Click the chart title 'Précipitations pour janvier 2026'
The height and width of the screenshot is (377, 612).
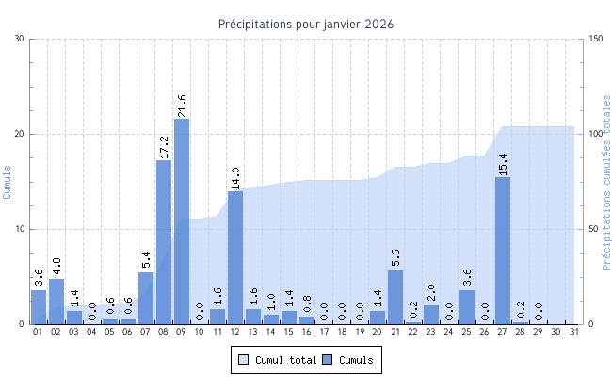306,24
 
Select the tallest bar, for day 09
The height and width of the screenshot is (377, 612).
182,221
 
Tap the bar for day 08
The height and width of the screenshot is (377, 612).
164,242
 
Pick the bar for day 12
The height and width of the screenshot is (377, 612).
235,257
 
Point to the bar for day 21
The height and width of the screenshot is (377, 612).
395,298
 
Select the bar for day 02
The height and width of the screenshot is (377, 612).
56,302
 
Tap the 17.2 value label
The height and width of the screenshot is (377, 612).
164,146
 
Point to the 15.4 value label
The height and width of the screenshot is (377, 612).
503,163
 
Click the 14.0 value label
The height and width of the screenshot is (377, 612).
235,177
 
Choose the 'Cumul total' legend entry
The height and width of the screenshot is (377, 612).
275,360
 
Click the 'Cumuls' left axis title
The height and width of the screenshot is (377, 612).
8,181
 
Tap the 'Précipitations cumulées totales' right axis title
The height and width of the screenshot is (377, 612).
606,181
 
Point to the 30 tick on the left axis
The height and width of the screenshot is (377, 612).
20,39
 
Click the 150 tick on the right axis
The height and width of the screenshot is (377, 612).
595,39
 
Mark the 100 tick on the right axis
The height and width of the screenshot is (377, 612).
595,134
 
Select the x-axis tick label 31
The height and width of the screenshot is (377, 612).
573,333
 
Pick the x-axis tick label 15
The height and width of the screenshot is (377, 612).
289,333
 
